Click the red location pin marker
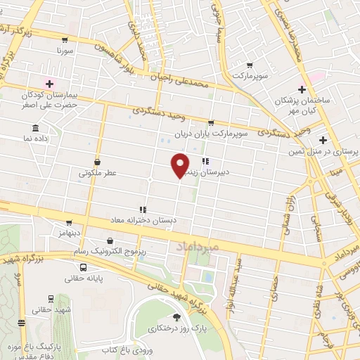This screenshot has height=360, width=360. tap(179, 165)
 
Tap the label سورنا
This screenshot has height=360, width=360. tap(67, 51)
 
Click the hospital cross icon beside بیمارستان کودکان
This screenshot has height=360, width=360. tap(49, 84)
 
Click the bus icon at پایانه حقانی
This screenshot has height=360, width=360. tap(84, 268)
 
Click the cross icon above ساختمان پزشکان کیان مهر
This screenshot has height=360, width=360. tap(302, 89)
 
